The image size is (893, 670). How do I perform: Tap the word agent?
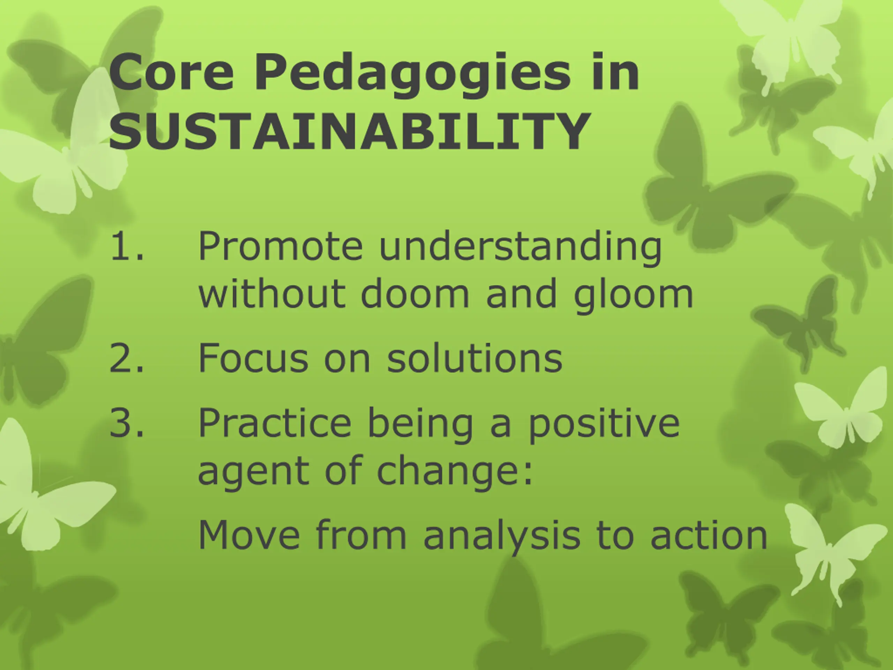click(254, 472)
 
